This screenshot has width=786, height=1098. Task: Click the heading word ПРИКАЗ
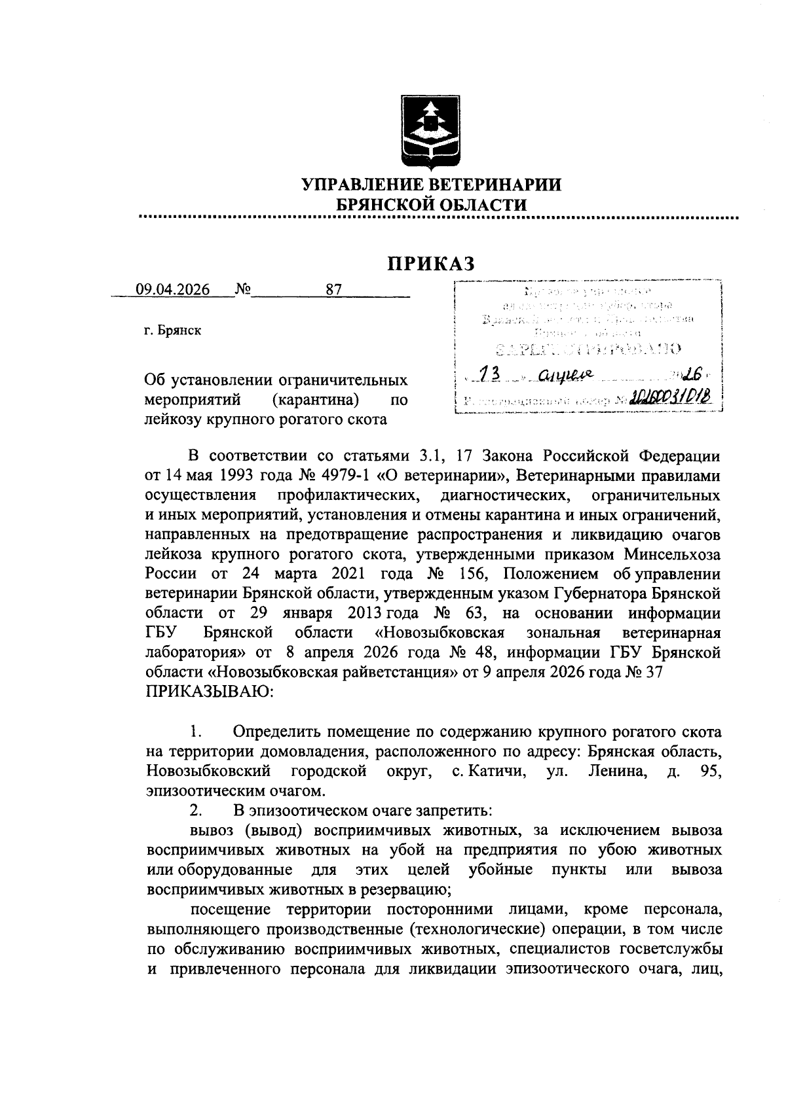[x=430, y=263]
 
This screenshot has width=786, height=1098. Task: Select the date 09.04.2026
[x=172, y=290]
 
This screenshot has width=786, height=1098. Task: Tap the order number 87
[x=334, y=290]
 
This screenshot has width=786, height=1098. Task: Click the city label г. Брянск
[x=173, y=330]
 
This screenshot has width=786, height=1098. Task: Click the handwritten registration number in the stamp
[x=669, y=398]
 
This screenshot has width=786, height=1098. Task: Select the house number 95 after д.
[x=711, y=772]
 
